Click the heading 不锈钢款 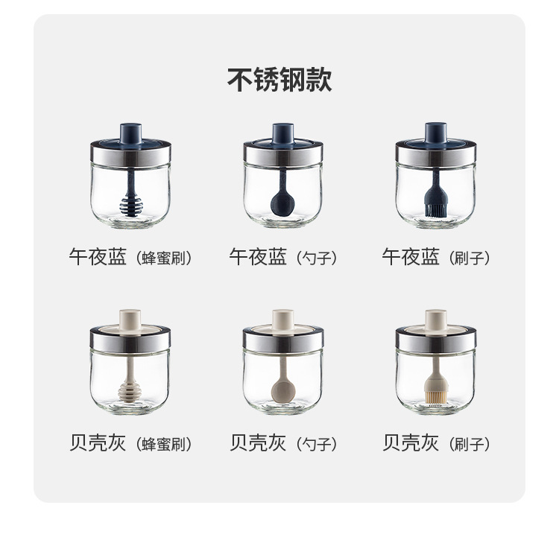279,79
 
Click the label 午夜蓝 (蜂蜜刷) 130,258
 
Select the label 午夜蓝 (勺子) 282,258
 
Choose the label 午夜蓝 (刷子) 436,258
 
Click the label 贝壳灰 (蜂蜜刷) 130,444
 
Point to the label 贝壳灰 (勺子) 282,444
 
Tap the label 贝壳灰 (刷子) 436,444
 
